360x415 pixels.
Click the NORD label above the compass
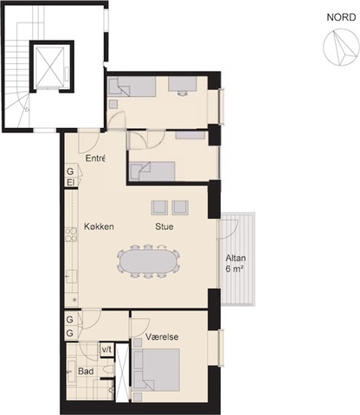coord(341,17)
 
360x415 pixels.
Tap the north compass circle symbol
coord(341,47)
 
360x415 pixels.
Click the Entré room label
coord(95,158)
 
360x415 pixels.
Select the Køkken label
coord(99,227)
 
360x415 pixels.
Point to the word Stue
coord(164,227)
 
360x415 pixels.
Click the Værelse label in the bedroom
coord(162,336)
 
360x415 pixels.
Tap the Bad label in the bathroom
coord(86,371)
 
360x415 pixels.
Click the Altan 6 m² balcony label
coord(235,264)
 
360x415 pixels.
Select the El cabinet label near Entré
coord(70,182)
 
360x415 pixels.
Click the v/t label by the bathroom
coord(106,349)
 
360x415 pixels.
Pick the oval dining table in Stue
coord(148,261)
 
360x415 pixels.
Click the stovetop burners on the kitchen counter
coord(71,235)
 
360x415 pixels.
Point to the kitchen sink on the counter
coord(71,277)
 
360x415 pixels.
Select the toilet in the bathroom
coord(109,369)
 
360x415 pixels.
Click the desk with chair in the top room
coord(183,86)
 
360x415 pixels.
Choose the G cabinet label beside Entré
coord(70,171)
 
